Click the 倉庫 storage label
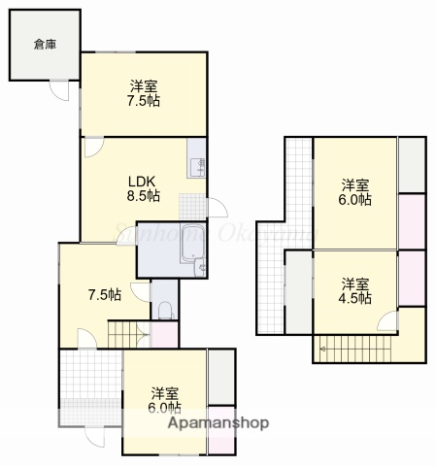coord(44,44)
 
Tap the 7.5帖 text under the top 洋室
coord(144,100)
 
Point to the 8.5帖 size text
coord(143,194)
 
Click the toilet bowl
coord(164,311)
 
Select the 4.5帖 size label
coord(355,299)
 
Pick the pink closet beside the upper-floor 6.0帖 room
coord(413,220)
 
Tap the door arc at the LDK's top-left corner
coord(92,148)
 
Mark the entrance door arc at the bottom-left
coord(97,439)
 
